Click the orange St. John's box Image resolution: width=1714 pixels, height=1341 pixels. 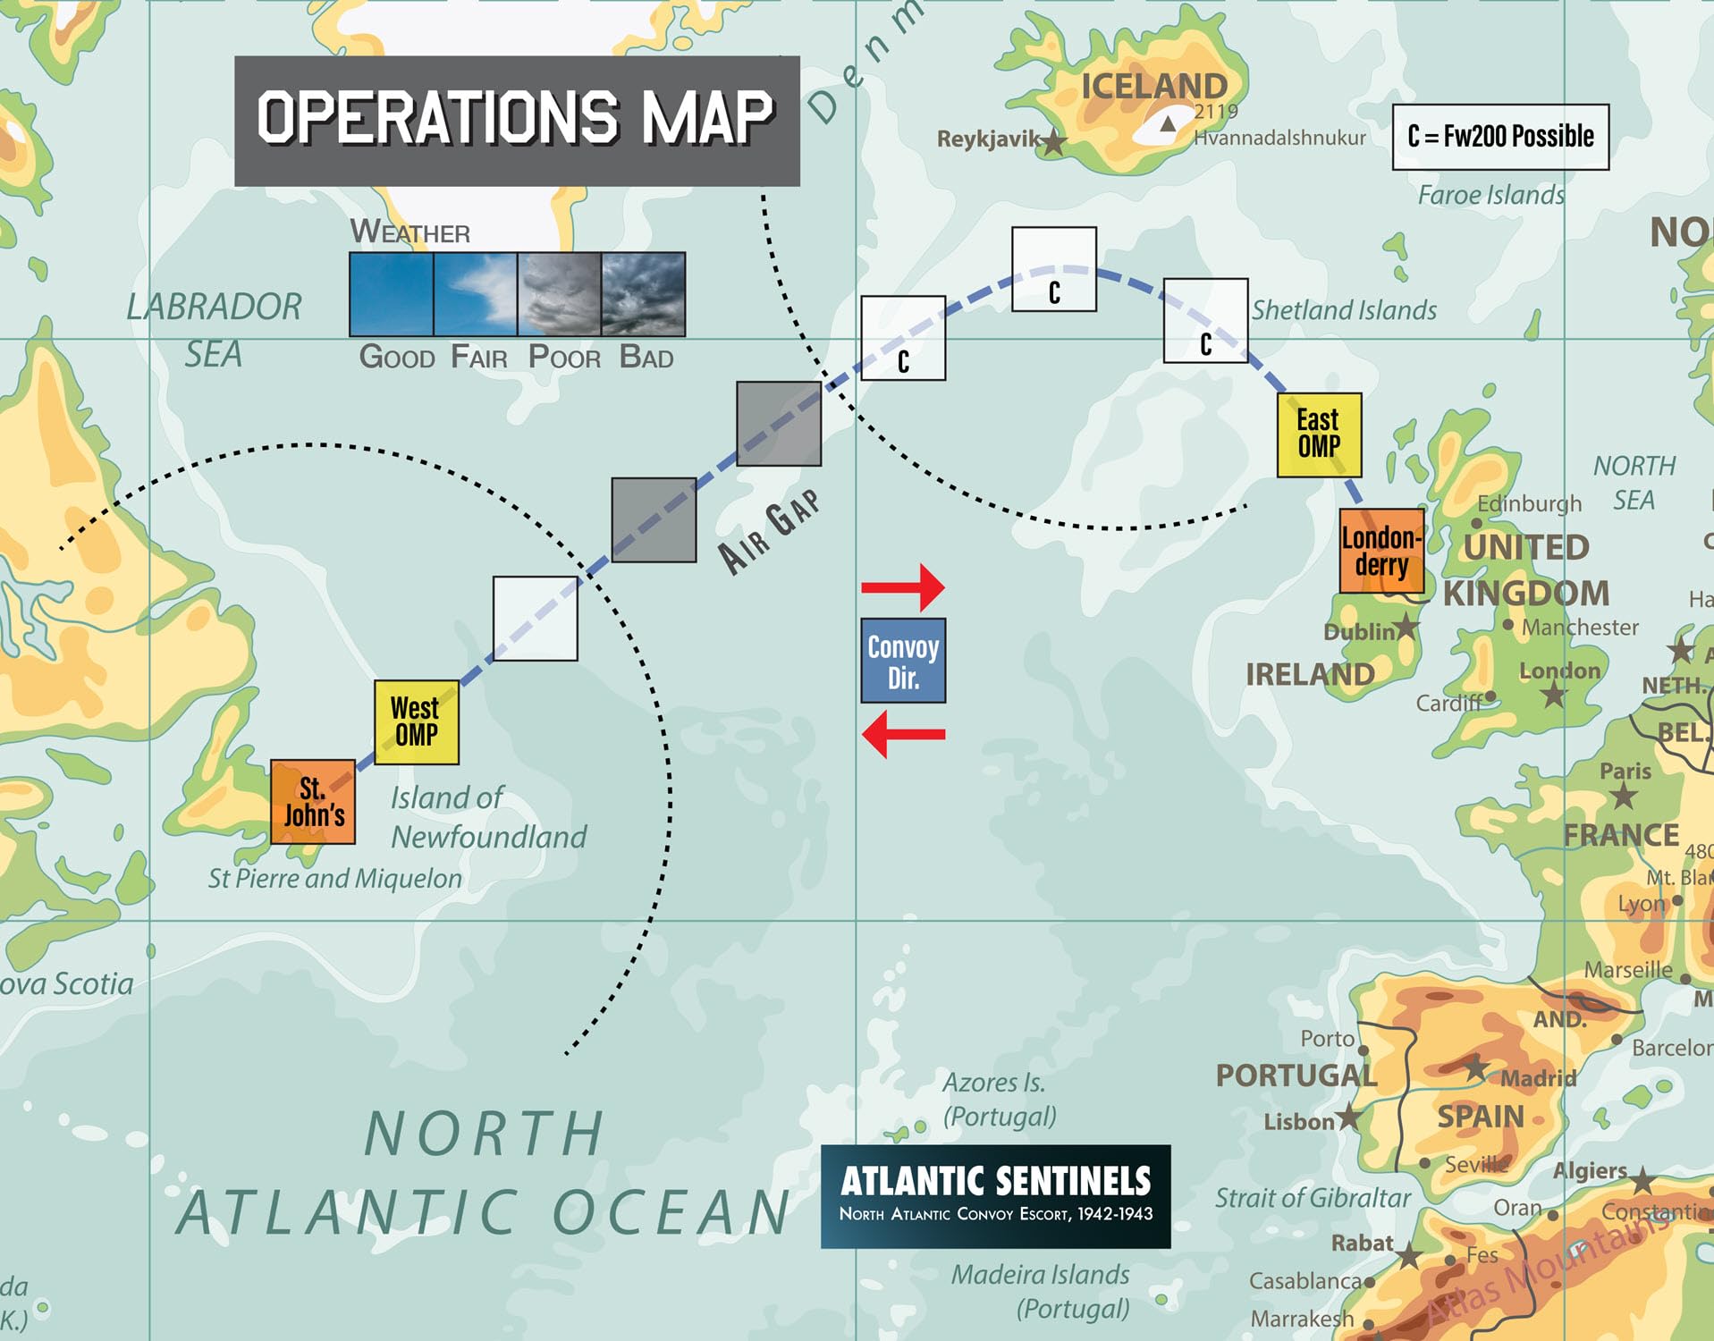pos(313,802)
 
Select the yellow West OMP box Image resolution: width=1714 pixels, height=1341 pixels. pos(416,722)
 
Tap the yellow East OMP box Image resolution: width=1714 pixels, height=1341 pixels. pos(1319,434)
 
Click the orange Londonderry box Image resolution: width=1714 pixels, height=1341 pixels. pos(1381,551)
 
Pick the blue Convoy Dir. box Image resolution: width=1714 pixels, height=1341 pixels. pos(903,661)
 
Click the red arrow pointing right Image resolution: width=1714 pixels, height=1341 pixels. pos(903,587)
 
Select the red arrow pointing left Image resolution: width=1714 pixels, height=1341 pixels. pos(903,734)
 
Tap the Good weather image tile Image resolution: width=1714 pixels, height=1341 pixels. pos(391,294)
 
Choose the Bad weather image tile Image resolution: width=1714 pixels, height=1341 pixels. pos(644,294)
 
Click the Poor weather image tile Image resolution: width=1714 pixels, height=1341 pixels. pos(560,294)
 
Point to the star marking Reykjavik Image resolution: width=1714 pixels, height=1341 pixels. pos(1054,141)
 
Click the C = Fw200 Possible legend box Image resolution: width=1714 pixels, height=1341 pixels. pos(1500,137)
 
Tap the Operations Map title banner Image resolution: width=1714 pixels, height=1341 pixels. pos(517,121)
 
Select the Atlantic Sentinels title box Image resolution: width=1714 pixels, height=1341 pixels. pos(995,1196)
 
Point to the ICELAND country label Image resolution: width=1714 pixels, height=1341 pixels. pos(1153,87)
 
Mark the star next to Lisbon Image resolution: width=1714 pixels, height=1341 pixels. pos(1349,1117)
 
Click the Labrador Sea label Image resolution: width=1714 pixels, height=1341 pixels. pos(214,330)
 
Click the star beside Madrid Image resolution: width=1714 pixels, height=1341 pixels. pos(1476,1067)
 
